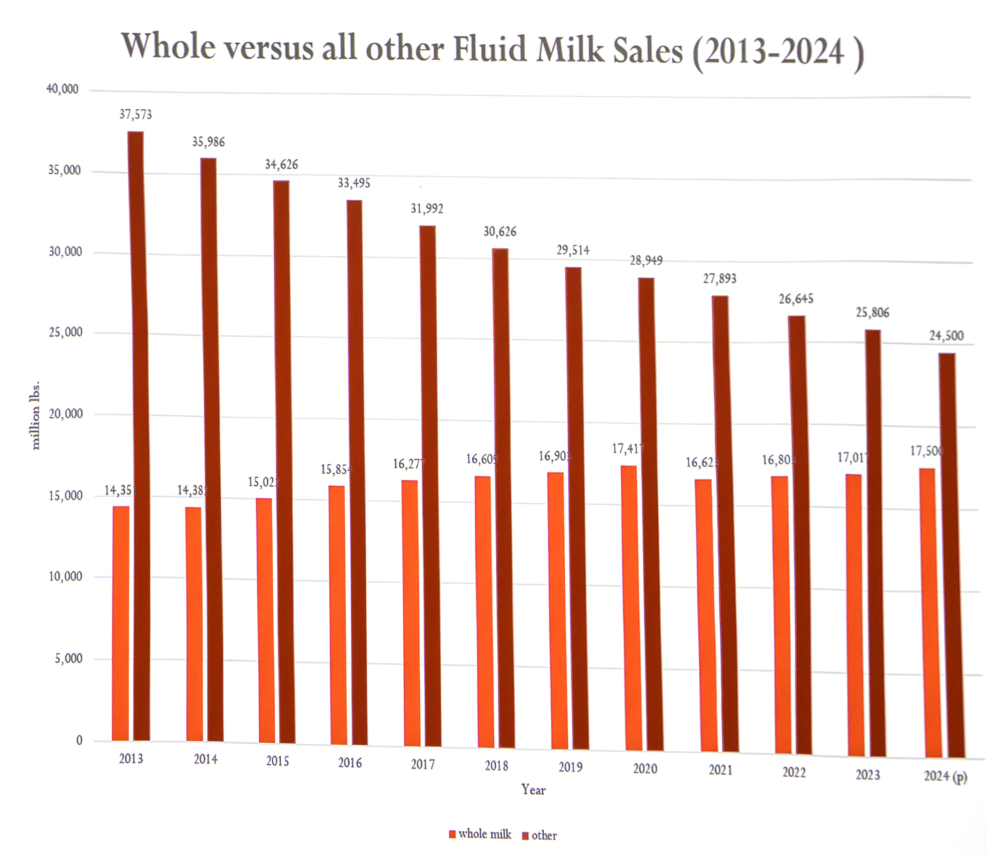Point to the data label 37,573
tap(135, 115)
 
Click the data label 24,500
tap(946, 336)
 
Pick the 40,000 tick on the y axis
tap(62, 89)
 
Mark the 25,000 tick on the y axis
tap(65, 332)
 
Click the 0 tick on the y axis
tap(79, 740)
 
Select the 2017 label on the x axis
tap(423, 764)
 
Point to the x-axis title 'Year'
tap(533, 790)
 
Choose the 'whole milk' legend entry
tap(480, 834)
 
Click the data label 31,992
tap(427, 209)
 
